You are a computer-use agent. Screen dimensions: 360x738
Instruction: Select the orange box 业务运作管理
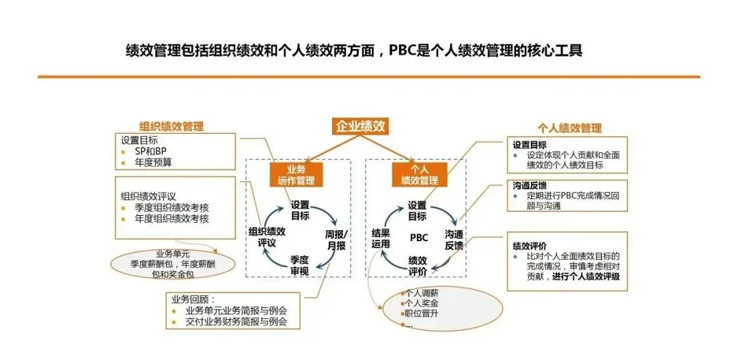click(297, 175)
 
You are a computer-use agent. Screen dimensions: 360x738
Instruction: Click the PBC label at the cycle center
click(419, 238)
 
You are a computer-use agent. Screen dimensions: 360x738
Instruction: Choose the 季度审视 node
click(300, 265)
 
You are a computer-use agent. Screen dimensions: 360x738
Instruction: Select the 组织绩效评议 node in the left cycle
click(266, 236)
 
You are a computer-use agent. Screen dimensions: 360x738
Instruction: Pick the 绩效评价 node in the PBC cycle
click(418, 266)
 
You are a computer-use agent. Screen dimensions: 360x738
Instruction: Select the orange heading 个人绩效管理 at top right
click(570, 128)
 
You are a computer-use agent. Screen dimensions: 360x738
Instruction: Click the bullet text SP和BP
click(150, 151)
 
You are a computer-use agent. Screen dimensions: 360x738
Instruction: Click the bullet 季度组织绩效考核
click(172, 208)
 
